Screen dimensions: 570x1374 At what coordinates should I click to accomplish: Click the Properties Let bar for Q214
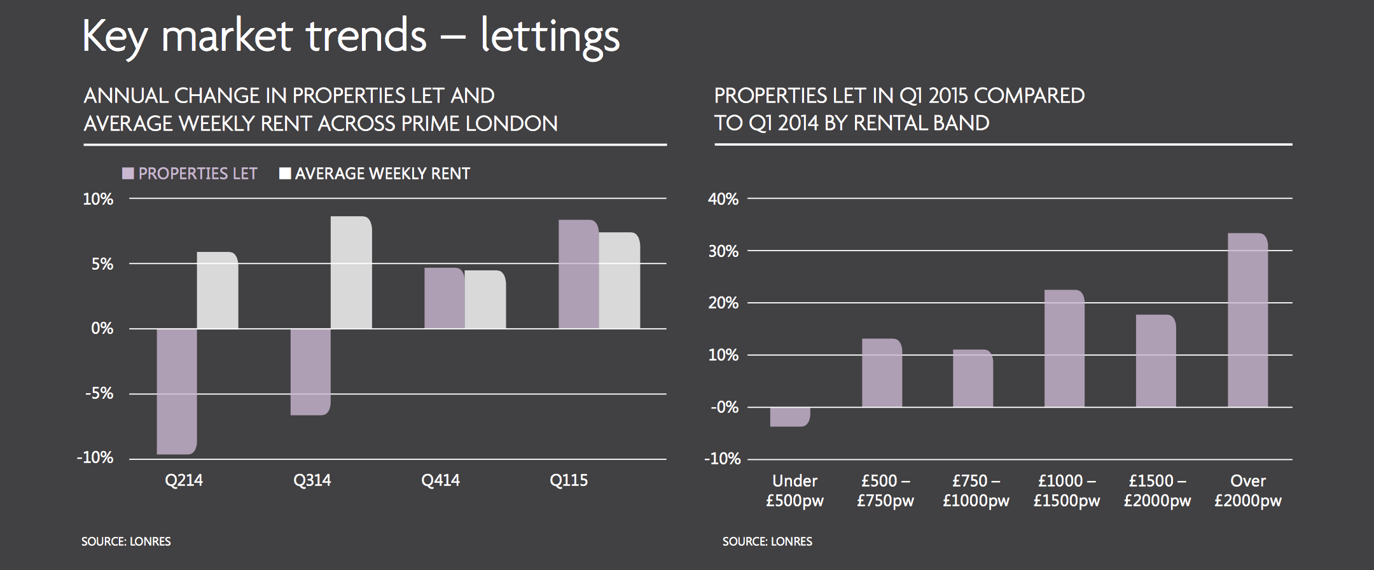(176, 391)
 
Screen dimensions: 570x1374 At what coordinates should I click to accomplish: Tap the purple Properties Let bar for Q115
(578, 274)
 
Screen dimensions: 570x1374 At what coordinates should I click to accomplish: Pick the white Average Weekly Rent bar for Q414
(485, 300)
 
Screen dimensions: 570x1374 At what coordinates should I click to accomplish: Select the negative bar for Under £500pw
(790, 416)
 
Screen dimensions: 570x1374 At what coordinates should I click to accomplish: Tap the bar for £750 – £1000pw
(973, 379)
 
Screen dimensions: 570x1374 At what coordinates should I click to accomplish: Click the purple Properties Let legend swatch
(128, 174)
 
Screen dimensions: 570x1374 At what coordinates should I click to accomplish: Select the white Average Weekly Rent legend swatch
(285, 174)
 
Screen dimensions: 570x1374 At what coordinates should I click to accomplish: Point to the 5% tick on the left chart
(102, 264)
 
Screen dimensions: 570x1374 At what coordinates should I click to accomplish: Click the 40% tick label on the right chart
(723, 199)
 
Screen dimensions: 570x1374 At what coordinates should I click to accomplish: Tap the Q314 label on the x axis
(312, 480)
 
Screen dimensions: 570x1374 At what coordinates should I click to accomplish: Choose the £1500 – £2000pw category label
(1157, 490)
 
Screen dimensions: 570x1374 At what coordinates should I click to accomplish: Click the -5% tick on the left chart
(99, 394)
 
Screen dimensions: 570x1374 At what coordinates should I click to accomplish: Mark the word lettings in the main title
(550, 37)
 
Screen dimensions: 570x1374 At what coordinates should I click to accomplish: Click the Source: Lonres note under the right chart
(767, 542)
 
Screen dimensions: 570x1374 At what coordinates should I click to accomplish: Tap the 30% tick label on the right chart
(723, 251)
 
